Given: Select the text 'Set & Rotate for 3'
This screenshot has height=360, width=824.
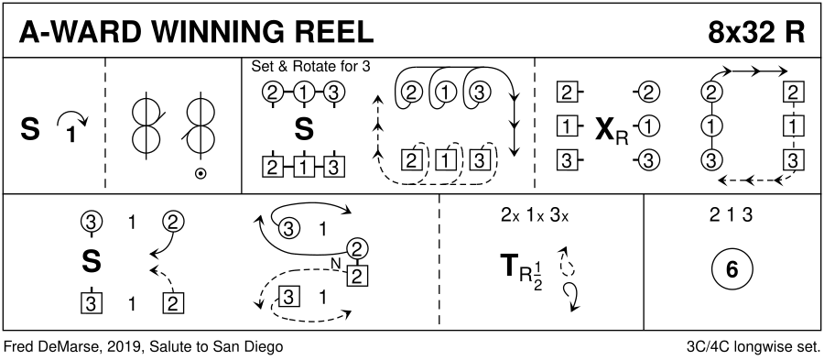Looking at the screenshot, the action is pos(311,67).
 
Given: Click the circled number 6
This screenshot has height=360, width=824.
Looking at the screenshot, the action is pos(732,270).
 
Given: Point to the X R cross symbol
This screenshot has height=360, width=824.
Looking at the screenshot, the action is pos(612,131).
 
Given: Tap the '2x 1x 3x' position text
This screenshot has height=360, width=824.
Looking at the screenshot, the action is pos(535,215).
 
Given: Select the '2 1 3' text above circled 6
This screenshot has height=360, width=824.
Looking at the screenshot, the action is pos(731,215).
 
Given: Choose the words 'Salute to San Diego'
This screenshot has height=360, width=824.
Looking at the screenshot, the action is pos(216,347).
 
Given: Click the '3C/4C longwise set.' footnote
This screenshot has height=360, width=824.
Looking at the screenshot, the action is pos(753,347).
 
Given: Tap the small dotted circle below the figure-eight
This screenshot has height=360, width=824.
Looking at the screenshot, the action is pos(200,173).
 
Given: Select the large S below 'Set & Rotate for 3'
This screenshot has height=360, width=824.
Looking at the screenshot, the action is pos(304,129).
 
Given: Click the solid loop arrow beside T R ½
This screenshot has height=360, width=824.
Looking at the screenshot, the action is pos(571,296).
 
